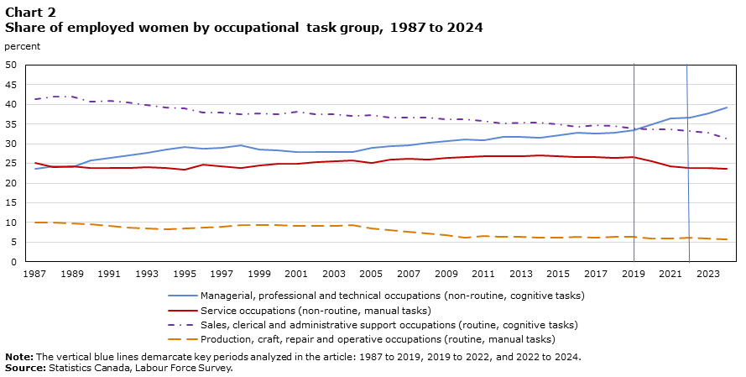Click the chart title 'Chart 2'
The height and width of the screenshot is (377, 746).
point(30,12)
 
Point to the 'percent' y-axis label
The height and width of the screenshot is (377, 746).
point(23,46)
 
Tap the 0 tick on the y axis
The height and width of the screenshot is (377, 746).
point(13,262)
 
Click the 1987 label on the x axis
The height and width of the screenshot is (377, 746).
point(35,274)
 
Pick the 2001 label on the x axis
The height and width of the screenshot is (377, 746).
point(296,274)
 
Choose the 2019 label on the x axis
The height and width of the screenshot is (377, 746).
point(633,274)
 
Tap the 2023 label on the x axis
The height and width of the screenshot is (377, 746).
point(707,274)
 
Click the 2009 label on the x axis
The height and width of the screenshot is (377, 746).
point(446,274)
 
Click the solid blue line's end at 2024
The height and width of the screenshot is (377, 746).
point(727,107)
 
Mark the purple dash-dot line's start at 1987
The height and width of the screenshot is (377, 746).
point(35,99)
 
